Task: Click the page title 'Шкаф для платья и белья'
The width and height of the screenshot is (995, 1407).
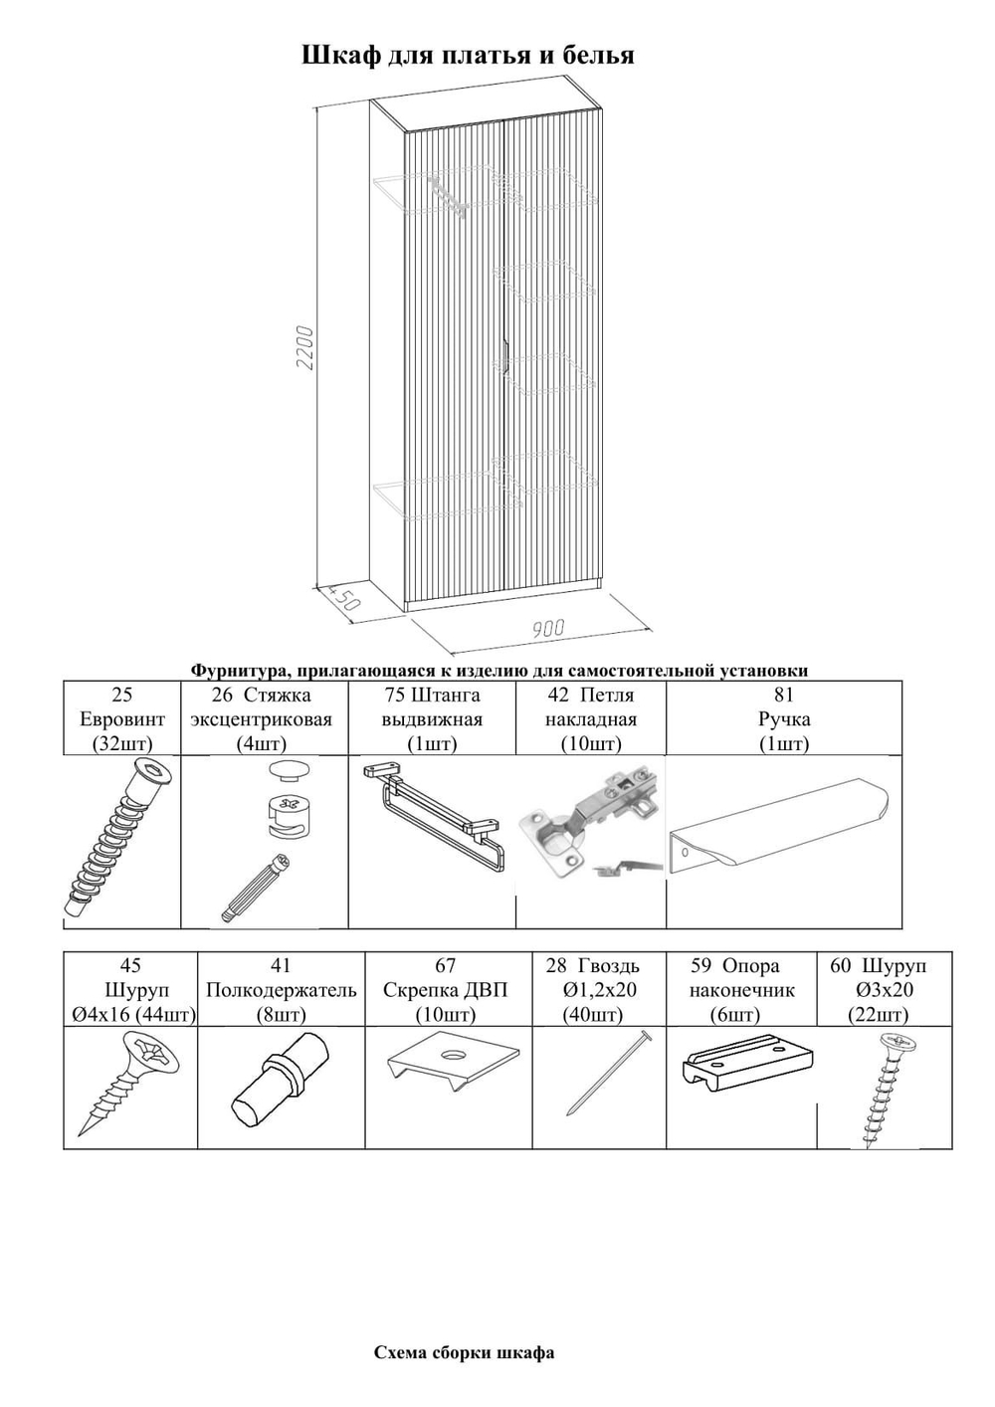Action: (x=468, y=55)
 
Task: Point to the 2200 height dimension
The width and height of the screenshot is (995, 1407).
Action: (x=306, y=347)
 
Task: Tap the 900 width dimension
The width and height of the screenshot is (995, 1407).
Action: (x=547, y=628)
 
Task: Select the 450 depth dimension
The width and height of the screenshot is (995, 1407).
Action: (x=343, y=599)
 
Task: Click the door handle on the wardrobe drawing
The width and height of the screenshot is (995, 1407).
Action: (x=506, y=353)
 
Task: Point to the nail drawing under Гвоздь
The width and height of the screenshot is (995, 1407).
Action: (x=608, y=1074)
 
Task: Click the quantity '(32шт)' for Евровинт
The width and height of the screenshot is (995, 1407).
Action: (x=121, y=743)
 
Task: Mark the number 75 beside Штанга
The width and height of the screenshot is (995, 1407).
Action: (x=395, y=695)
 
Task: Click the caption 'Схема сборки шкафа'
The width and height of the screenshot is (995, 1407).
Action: (x=464, y=1352)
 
